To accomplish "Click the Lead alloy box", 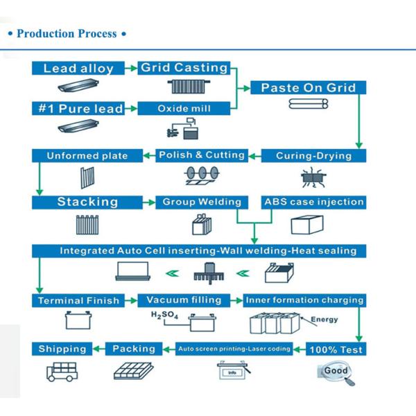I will coord(78,68).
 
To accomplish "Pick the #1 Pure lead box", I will coord(78,108).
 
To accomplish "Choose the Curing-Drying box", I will coord(314,155).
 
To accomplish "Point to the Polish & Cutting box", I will coord(202,155).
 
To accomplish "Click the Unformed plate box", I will coord(87,156).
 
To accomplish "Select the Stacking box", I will coord(87,202).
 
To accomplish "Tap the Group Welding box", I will coord(202,202).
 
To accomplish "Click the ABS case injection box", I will coord(314,202).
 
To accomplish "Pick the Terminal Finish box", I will coord(78,300).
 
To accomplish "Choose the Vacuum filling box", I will coord(184,300).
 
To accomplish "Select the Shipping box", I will coord(62,349).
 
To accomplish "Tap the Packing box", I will coord(134,349).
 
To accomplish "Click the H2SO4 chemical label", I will coord(161,315).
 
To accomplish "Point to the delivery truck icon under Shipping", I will coord(62,370).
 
